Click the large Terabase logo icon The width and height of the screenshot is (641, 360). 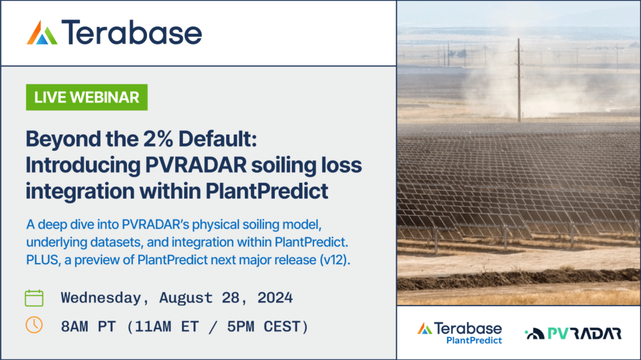pos(42,33)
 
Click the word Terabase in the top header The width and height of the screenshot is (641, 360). pos(132,33)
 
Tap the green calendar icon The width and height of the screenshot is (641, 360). pos(34,297)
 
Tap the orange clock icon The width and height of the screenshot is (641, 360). pos(34,325)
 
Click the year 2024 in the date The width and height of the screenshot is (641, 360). pos(273,297)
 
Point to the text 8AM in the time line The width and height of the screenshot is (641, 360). pos(78,326)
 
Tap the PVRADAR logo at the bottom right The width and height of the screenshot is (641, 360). pos(573,333)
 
